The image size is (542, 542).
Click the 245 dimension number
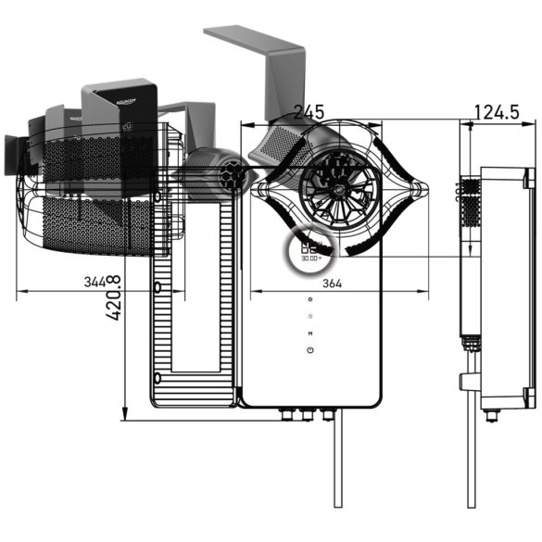309,112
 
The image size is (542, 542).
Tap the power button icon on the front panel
309,350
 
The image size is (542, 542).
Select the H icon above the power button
309,333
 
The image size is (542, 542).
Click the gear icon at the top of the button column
309,301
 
